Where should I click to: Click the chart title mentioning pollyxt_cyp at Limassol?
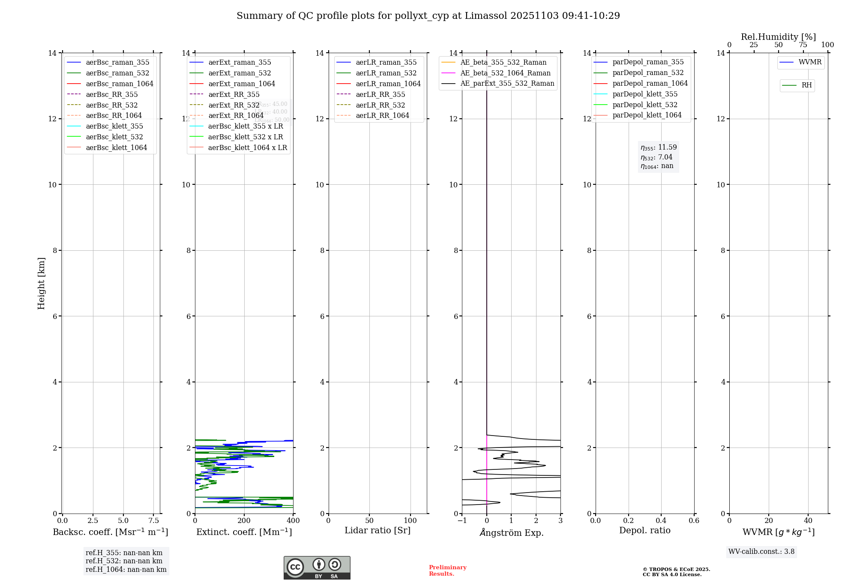[428, 16]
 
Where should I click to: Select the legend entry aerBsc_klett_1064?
[116, 147]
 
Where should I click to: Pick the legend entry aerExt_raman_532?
[240, 73]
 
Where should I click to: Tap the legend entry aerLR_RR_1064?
[382, 115]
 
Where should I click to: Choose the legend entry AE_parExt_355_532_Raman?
[507, 83]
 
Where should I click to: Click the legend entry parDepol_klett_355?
[645, 94]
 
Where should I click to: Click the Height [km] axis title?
[41, 283]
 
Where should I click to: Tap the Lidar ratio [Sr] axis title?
[378, 530]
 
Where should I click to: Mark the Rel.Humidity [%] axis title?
[778, 37]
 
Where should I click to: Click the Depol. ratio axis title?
[644, 530]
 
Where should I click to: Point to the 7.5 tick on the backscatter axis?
[154, 520]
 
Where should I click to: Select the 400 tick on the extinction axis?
[293, 520]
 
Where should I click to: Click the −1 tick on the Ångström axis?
[462, 520]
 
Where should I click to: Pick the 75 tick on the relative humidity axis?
[803, 45]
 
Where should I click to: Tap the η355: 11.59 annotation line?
[659, 147]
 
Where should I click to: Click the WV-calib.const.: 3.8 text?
[761, 552]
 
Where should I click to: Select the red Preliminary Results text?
[447, 570]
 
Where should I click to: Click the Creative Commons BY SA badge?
[317, 568]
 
